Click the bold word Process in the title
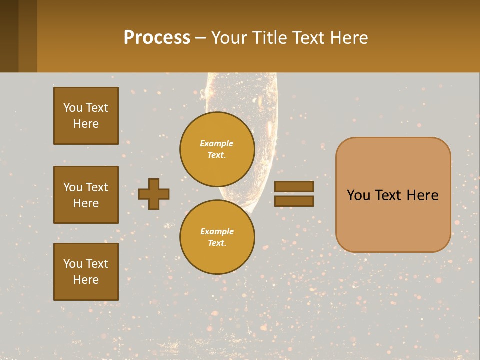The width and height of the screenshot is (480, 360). click(x=157, y=37)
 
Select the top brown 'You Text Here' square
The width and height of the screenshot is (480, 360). click(x=86, y=116)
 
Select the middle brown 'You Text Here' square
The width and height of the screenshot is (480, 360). click(x=86, y=195)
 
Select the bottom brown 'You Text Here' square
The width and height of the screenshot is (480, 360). click(x=86, y=272)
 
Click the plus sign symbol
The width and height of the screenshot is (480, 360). click(x=154, y=194)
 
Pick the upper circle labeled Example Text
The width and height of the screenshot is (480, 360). click(x=217, y=149)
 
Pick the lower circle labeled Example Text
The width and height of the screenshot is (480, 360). click(x=217, y=237)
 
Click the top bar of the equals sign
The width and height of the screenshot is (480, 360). click(x=294, y=186)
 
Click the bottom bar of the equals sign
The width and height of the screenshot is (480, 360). click(x=294, y=201)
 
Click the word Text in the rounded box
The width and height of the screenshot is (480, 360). click(x=393, y=195)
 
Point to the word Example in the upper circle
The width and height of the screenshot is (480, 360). click(x=217, y=143)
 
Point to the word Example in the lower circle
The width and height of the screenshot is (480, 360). click(x=217, y=231)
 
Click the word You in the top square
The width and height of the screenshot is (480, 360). click(x=72, y=108)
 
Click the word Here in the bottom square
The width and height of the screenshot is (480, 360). click(x=86, y=280)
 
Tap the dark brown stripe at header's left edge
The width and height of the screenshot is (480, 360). click(x=9, y=36)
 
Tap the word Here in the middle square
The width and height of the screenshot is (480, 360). click(x=86, y=203)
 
